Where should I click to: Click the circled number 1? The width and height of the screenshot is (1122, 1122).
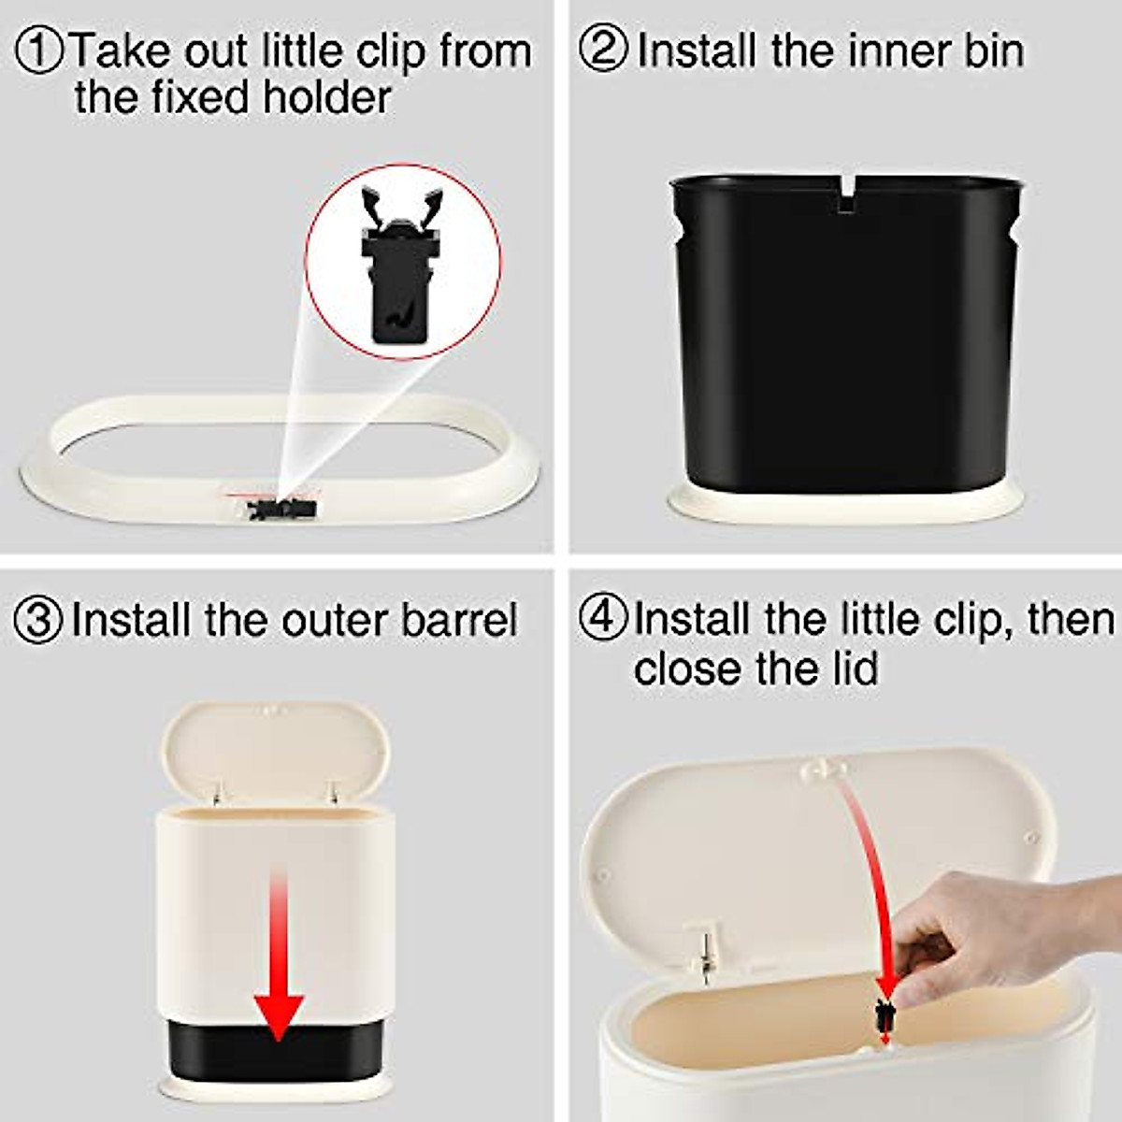(39, 50)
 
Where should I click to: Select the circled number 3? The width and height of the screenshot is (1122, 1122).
(39, 621)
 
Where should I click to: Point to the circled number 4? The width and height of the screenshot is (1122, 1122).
(603, 619)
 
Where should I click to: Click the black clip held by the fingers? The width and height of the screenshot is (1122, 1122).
(885, 1016)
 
